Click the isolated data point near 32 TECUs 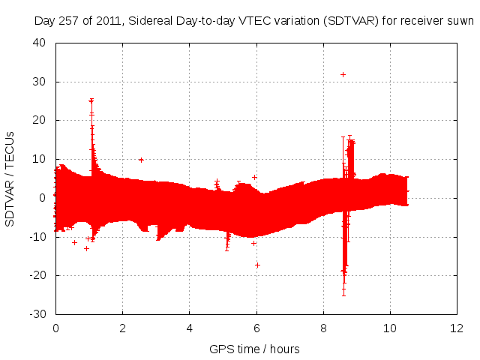[x=343, y=74]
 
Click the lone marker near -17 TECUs [x=257, y=265]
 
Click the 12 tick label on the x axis [x=457, y=328]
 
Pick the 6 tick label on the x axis [x=256, y=328]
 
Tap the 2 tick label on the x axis [x=122, y=328]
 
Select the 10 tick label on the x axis [x=390, y=328]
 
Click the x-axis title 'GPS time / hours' [x=256, y=349]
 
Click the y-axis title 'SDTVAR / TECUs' [x=10, y=178]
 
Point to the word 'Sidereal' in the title [x=149, y=22]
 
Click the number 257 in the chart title [x=70, y=22]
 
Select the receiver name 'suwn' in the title [x=460, y=22]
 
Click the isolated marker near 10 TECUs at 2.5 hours [x=141, y=159]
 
